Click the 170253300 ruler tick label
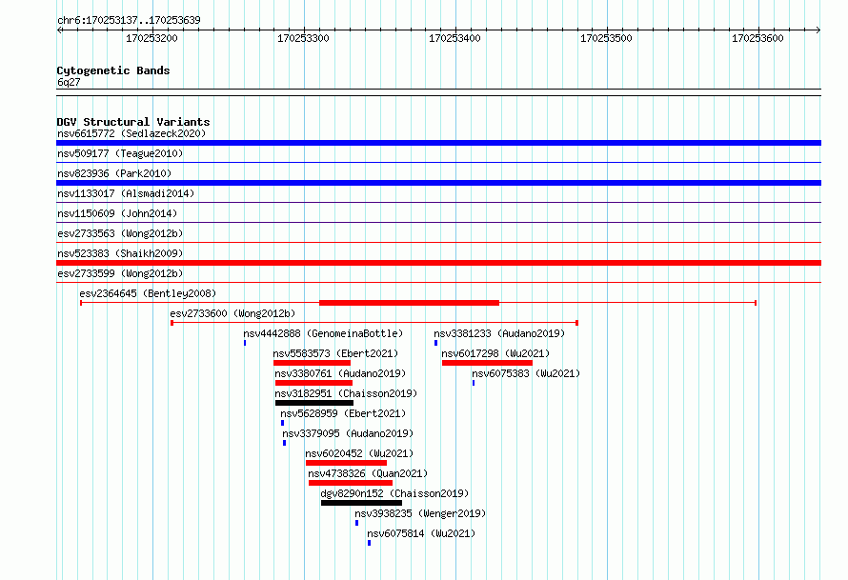(303, 38)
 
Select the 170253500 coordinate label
(606, 38)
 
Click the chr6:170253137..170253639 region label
(129, 21)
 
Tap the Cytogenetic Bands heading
(113, 70)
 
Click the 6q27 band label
(69, 82)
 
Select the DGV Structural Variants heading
(133, 122)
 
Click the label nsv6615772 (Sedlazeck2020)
(131, 133)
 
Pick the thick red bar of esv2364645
(409, 303)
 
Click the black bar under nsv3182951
(314, 403)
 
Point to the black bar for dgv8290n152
(361, 503)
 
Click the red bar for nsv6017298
(487, 363)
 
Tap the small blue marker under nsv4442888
(245, 343)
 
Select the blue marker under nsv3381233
(435, 343)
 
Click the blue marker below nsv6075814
(370, 543)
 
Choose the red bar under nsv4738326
(351, 483)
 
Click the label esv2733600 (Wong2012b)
(232, 313)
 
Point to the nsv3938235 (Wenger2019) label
(420, 513)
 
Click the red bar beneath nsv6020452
(346, 463)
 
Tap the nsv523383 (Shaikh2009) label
(120, 253)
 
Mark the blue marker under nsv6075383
(474, 383)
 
